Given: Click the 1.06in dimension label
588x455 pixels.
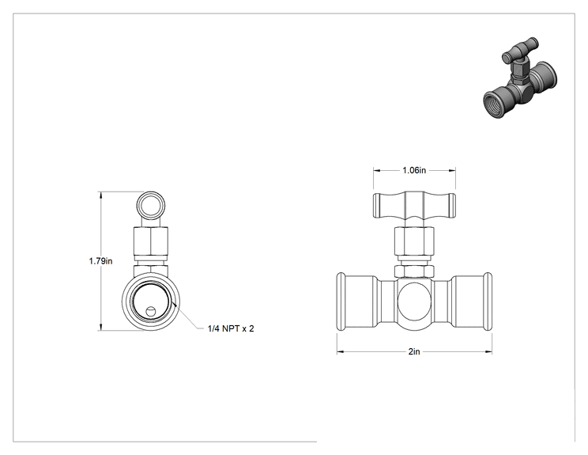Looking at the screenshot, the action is point(414,170).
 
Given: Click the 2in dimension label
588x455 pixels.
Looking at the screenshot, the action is point(414,352).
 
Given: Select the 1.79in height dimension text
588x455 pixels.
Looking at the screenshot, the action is point(100,261).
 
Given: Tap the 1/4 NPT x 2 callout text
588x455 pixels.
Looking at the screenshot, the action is point(231,328).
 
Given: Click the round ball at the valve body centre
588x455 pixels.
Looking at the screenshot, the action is point(414,301).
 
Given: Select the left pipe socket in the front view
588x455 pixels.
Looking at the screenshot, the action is point(358,301).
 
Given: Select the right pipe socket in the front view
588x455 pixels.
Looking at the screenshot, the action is point(471,301).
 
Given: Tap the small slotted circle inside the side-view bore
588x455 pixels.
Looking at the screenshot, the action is point(150,311).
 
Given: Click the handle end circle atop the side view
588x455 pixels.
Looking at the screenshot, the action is point(151,206).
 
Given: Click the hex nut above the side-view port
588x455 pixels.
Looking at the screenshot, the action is point(151,243).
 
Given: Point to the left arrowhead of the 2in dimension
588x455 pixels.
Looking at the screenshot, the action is point(340,352).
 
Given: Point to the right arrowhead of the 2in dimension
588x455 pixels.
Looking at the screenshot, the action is point(489,352).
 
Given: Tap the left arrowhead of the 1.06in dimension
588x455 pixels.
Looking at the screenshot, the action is point(377,170).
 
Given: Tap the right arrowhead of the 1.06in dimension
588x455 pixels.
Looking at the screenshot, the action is point(452,170).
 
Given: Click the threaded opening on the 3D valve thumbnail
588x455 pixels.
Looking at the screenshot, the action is point(492,104).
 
